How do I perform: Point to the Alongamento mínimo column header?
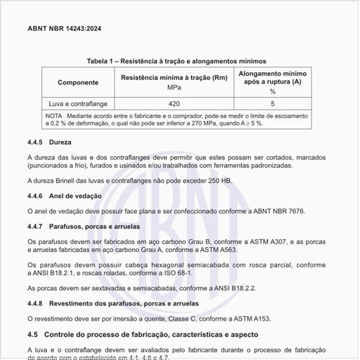(x=273, y=78)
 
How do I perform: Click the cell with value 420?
(x=174, y=104)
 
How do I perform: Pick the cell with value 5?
(x=273, y=104)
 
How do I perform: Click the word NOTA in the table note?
(x=54, y=115)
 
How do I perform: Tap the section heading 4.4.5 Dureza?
(x=50, y=142)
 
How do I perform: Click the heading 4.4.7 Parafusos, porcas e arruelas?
(x=84, y=226)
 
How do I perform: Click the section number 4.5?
(x=32, y=335)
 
